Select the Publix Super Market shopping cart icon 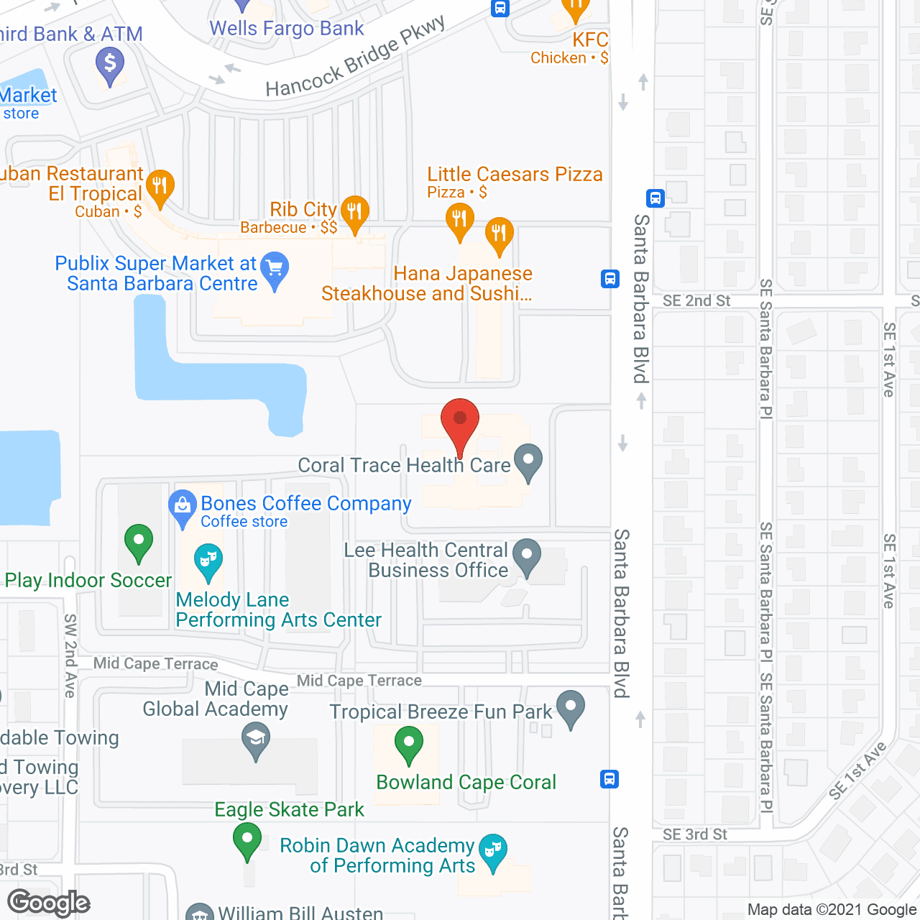coord(275,268)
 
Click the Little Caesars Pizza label coord(515,175)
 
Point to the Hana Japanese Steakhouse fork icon coord(499,234)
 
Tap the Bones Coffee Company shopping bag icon coord(183,506)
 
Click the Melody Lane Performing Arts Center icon coord(208,561)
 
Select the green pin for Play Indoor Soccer coord(139,540)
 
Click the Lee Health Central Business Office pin coord(528,556)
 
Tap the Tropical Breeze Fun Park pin coord(571,707)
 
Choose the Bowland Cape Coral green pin coord(408,742)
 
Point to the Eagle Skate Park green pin coord(247,839)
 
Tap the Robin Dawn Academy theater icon coord(492,850)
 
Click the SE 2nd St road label coord(696,301)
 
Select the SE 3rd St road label coord(694,834)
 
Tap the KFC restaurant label coord(590,40)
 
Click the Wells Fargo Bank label coord(287,29)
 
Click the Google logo coord(49,903)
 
